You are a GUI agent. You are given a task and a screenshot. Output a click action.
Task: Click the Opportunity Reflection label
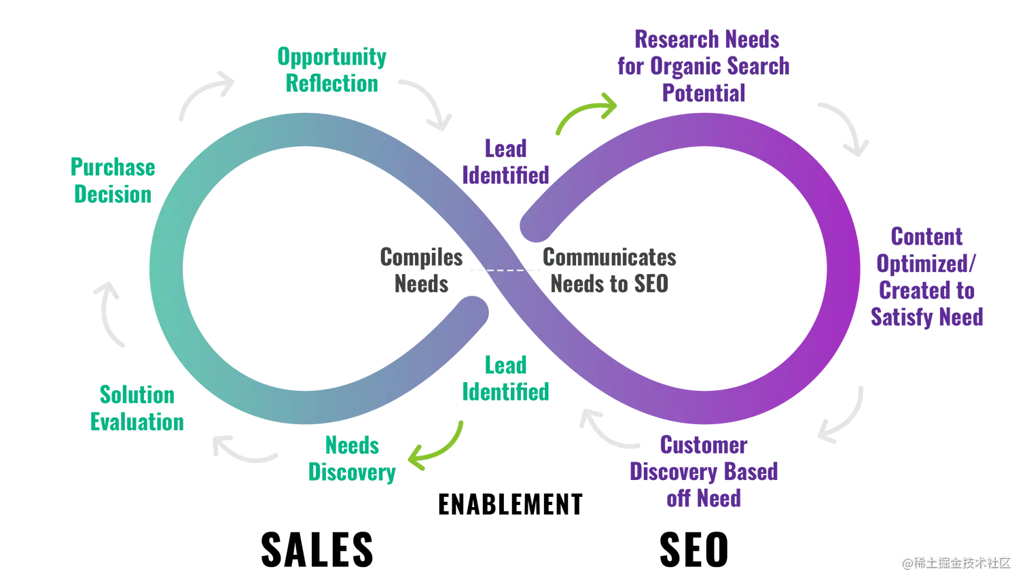331,70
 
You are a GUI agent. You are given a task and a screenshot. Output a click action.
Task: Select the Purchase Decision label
113,180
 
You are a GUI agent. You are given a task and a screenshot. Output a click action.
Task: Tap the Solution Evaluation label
137,408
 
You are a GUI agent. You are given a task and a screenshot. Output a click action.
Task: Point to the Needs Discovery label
352,459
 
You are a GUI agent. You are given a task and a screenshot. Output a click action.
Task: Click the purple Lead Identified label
505,162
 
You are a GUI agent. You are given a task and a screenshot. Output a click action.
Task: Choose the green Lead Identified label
505,379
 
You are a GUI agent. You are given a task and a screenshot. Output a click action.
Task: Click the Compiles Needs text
421,271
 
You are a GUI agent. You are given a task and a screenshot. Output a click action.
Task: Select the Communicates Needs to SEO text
609,271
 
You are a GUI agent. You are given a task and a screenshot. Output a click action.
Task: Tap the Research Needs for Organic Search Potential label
704,66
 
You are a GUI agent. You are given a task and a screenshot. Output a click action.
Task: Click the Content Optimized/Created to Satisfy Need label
926,277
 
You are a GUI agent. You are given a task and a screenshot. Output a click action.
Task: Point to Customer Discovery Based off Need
704,471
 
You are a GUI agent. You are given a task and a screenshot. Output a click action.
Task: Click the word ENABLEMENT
510,504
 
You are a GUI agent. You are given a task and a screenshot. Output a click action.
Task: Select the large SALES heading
317,549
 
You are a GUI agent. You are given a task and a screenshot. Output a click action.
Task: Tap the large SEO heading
693,549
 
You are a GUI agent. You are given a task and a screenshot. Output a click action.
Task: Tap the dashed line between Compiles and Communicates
505,271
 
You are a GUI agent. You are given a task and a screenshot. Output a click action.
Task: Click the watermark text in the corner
956,563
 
